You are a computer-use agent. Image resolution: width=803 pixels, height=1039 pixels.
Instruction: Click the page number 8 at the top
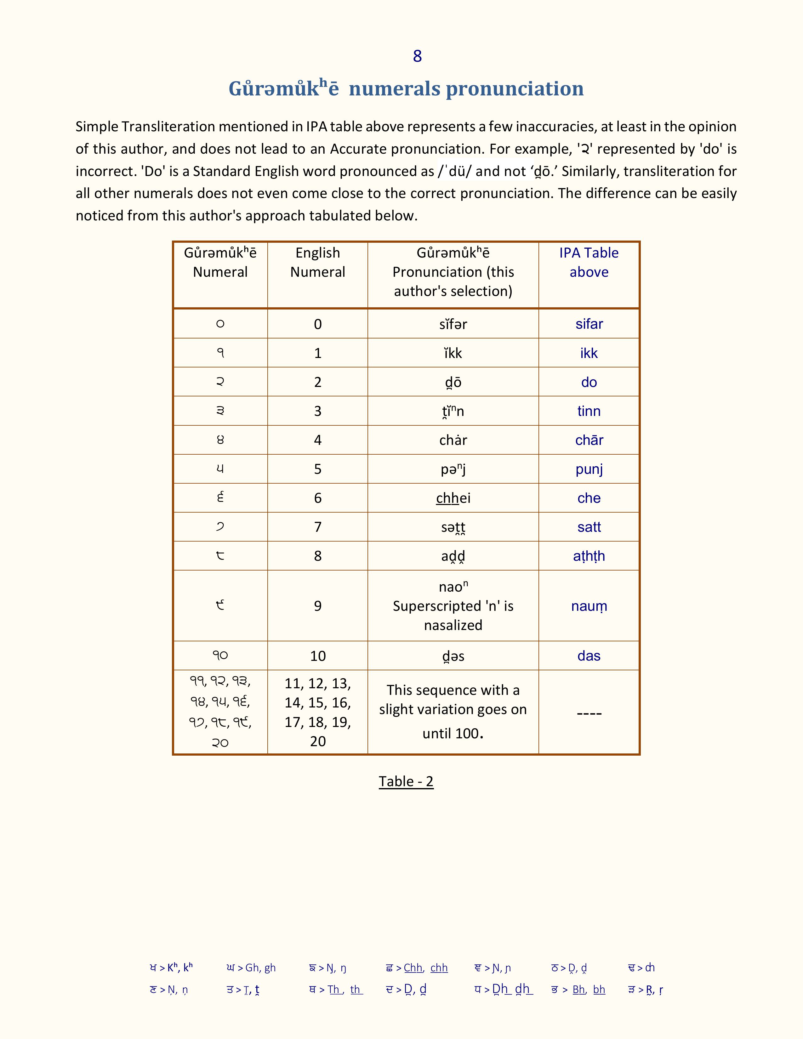click(x=417, y=56)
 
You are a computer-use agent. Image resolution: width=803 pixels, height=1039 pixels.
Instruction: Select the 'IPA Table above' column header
click(x=589, y=262)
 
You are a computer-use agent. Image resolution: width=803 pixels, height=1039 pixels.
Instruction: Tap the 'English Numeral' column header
click(x=317, y=262)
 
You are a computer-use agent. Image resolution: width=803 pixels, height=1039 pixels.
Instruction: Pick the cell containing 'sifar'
click(x=589, y=324)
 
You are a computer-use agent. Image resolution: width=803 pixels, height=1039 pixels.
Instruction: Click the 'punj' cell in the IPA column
click(x=589, y=469)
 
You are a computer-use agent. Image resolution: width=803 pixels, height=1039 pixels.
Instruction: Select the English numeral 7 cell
click(x=317, y=527)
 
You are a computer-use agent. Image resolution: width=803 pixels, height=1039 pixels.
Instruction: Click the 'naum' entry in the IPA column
click(x=589, y=606)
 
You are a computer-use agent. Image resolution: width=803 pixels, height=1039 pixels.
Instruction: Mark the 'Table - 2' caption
click(x=406, y=781)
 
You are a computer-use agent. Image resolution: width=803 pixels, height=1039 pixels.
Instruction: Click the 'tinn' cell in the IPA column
click(x=589, y=411)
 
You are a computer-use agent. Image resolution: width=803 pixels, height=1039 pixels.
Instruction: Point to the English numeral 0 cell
click(x=317, y=324)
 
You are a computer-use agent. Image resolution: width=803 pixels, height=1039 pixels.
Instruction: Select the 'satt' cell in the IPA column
click(x=589, y=527)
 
